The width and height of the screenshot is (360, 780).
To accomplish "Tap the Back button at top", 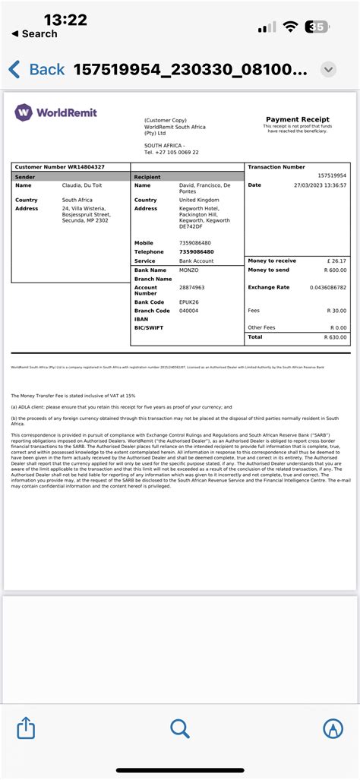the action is point(36,70).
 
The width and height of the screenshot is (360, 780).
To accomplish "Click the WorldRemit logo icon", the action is point(24,112).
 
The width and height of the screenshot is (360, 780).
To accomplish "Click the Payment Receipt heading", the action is point(297,119).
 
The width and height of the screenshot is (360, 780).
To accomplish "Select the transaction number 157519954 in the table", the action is point(332,175).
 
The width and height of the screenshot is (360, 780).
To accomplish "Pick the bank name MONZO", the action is point(189,270).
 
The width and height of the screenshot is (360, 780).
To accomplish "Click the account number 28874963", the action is point(191,288).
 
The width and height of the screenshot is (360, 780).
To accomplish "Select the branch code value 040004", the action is point(189,311).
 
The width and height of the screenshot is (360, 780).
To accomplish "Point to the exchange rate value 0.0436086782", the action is point(328,288).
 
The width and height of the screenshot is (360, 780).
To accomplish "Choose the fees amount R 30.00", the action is point(336,311).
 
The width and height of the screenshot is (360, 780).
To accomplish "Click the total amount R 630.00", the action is point(335,336).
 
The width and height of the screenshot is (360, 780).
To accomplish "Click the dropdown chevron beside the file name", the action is point(328,70).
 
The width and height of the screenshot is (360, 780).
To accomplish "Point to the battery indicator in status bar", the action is point(317,27).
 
